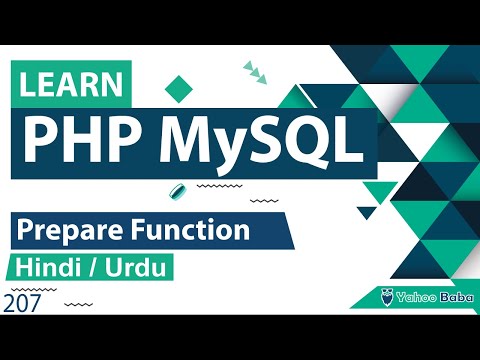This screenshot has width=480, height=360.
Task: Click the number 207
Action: click(22, 303)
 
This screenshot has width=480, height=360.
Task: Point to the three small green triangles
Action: click(258, 73)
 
